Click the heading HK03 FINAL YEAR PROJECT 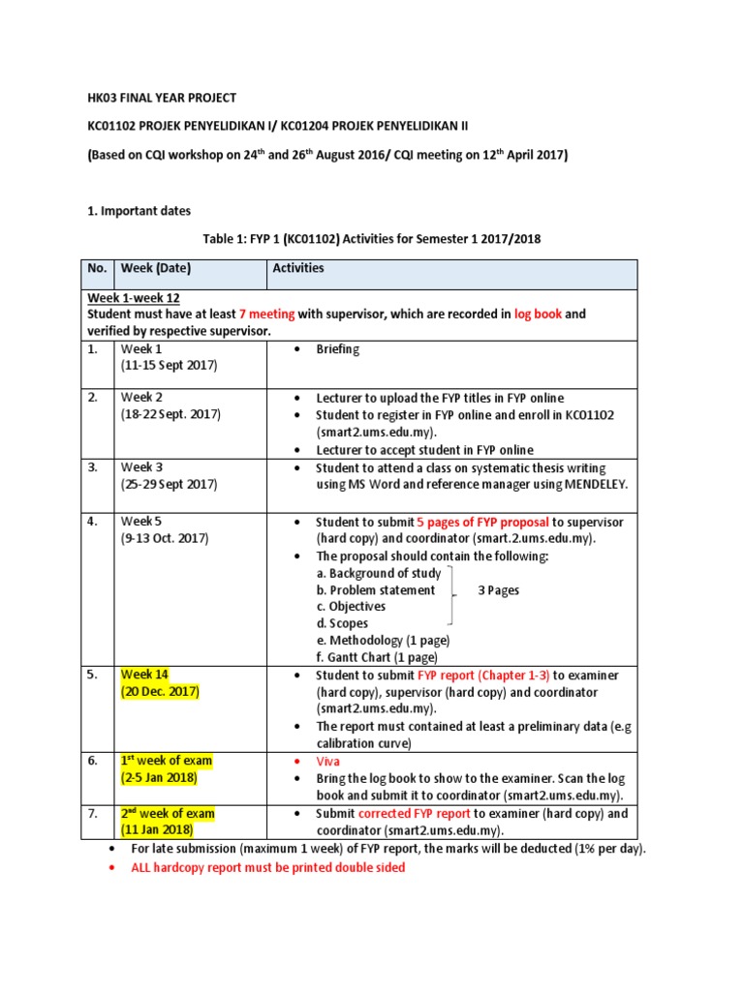[x=162, y=99]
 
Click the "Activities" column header [x=298, y=268]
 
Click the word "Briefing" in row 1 [x=338, y=349]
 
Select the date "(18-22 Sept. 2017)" [x=170, y=414]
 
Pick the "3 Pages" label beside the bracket [x=499, y=590]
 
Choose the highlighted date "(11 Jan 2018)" [x=158, y=830]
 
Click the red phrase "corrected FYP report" [x=416, y=814]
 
